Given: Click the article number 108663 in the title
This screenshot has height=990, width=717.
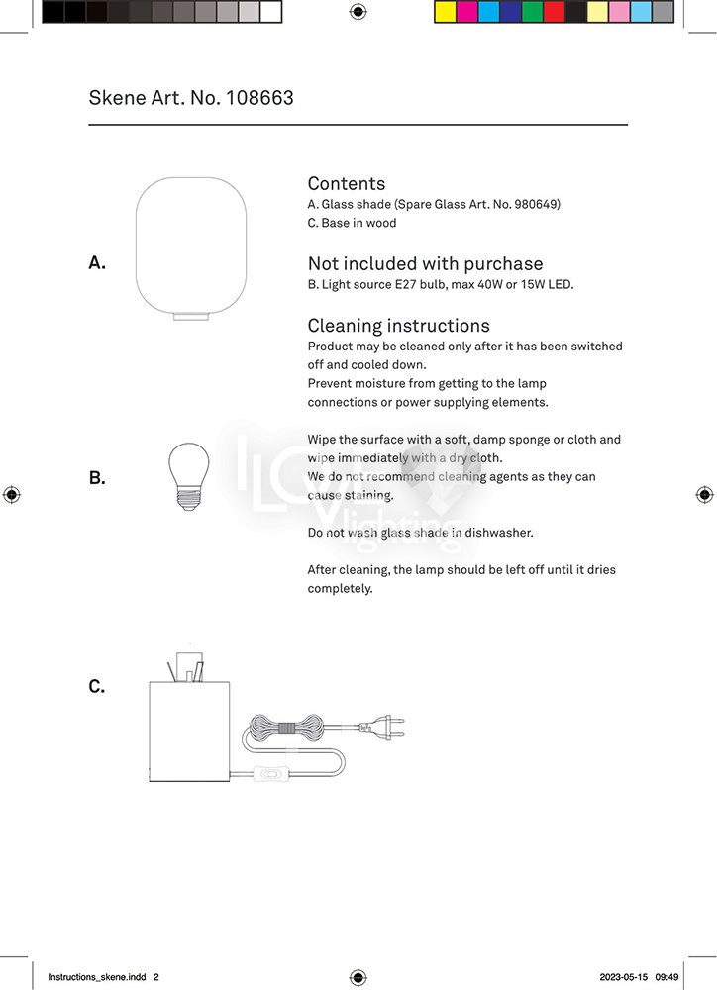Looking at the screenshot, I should pyautogui.click(x=259, y=98).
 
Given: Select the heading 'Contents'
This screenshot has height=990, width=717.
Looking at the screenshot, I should pyautogui.click(x=346, y=183).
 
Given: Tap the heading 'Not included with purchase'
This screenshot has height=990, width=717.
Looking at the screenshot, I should pyautogui.click(x=425, y=263).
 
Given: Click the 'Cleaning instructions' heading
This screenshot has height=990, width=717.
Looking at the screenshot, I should pyautogui.click(x=398, y=326).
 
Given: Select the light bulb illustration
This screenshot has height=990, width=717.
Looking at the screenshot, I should pyautogui.click(x=188, y=476).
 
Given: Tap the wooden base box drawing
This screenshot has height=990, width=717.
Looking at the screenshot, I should pyautogui.click(x=188, y=733).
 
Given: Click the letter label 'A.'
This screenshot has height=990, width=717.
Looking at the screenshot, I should pyautogui.click(x=97, y=262).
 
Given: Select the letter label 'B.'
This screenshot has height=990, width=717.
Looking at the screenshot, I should pyautogui.click(x=97, y=478).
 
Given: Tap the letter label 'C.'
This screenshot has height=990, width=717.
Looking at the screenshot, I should pyautogui.click(x=97, y=686).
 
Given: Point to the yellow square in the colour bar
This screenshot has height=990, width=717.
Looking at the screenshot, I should pyautogui.click(x=446, y=12).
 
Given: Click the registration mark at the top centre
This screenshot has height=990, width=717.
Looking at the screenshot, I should pyautogui.click(x=358, y=12).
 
